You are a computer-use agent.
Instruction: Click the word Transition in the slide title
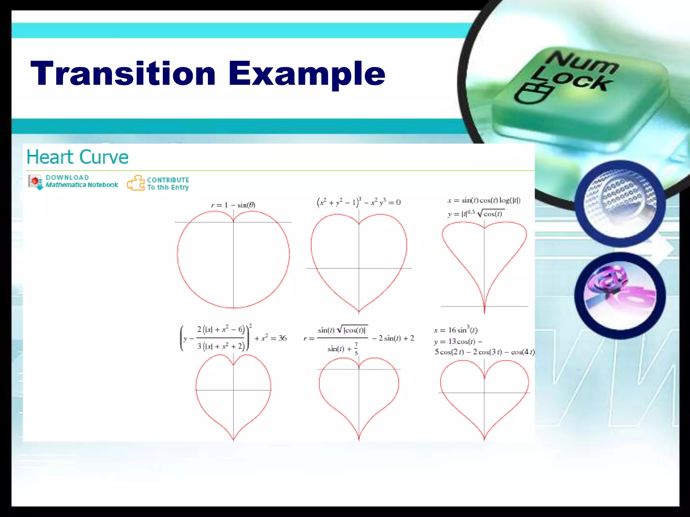tap(123, 73)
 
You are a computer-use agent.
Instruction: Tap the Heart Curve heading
tap(77, 157)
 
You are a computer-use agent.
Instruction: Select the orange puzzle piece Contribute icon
tap(136, 183)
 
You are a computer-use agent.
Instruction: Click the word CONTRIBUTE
tap(168, 180)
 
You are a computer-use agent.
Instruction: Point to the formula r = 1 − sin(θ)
tap(233, 205)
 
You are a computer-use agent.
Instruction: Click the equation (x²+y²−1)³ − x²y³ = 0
tap(358, 202)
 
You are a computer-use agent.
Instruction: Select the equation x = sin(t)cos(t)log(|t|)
tap(484, 201)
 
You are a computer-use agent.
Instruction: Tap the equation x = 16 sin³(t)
tap(456, 330)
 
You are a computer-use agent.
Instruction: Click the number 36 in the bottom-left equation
tap(282, 338)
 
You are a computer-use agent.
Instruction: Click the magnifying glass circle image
tap(620, 203)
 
